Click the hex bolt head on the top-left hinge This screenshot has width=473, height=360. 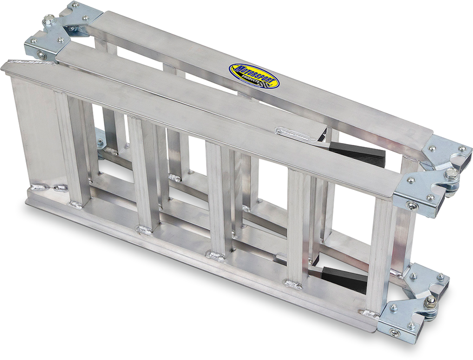49,20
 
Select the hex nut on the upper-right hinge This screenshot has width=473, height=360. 451,173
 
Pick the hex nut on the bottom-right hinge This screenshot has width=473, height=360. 430,301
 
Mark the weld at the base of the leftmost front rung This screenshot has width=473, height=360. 76,205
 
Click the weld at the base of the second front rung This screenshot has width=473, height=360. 144,230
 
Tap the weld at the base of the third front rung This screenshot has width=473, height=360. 215,256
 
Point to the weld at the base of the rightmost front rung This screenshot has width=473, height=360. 370,314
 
